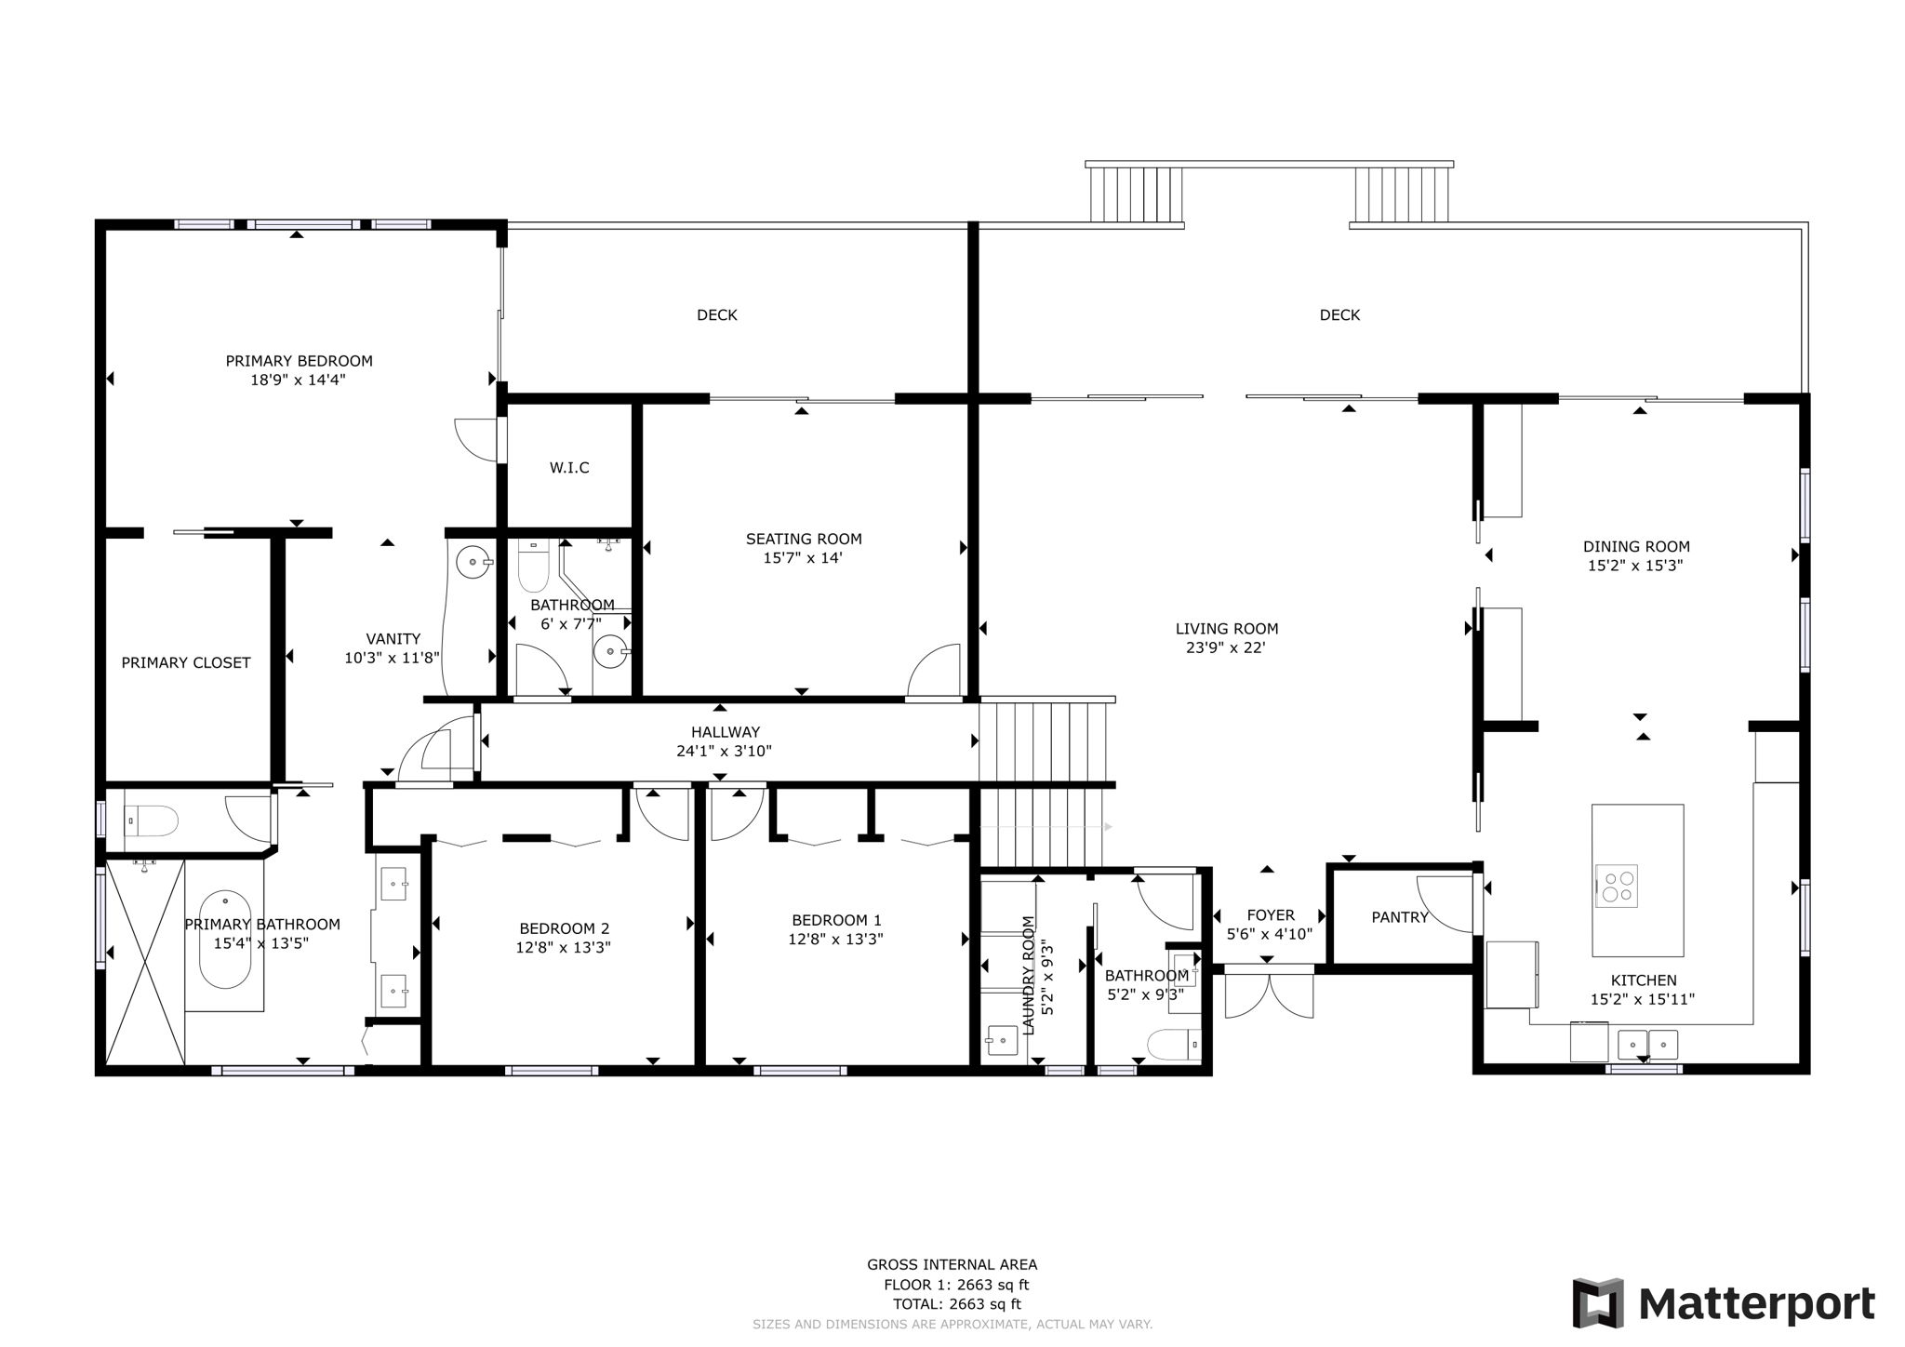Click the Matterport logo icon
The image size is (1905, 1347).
pos(1598,1302)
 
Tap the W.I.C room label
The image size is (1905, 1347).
pos(569,468)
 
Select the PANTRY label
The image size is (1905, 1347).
pos(1399,917)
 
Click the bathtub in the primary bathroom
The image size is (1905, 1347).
pos(226,940)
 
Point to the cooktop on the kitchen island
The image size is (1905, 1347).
pos(1617,886)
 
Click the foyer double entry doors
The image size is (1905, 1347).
pos(1269,994)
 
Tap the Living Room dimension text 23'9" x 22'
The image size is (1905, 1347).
pos(1227,648)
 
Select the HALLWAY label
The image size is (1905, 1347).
pos(726,732)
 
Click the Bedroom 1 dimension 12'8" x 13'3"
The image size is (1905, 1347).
pos(835,940)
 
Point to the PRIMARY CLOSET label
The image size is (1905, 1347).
pos(186,663)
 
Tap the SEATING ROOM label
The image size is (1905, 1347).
pos(804,539)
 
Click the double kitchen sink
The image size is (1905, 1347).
pos(1647,1044)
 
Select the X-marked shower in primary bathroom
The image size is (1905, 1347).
pos(144,962)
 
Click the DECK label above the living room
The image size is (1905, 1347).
pos(1339,315)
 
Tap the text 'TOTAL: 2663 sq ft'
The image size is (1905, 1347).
pos(952,1304)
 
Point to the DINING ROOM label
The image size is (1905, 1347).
pos(1636,547)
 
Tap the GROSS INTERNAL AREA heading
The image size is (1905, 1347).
pos(952,1264)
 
